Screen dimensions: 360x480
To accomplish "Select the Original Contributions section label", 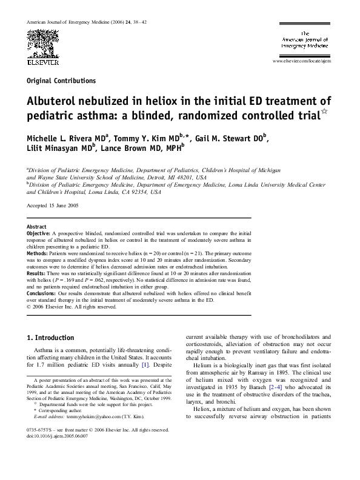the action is point(61,80).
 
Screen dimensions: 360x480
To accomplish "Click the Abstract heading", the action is point(37,225).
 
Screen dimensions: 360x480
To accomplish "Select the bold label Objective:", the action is point(42,233).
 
